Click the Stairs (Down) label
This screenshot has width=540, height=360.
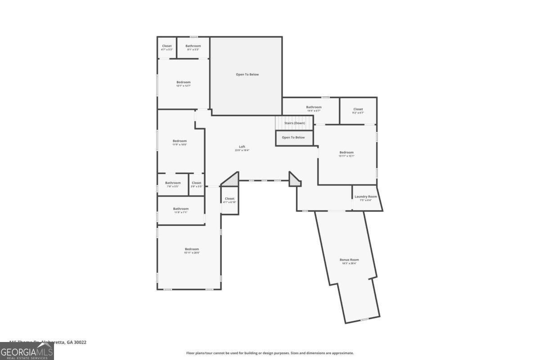coord(294,123)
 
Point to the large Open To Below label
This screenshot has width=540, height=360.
coord(247,74)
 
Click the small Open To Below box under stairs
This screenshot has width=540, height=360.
coord(293,137)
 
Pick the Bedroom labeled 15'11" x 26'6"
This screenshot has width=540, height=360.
coord(192,251)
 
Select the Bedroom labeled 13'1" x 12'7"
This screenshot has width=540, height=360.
coord(184,84)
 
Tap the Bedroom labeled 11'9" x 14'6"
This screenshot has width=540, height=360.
coord(180,142)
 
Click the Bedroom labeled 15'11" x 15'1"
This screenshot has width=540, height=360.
coord(346,154)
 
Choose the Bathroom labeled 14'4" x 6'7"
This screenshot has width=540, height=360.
coord(314,108)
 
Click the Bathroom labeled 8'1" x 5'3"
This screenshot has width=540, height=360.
coord(193,47)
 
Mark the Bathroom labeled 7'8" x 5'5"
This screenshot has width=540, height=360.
coord(172,184)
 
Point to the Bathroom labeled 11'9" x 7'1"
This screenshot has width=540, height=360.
coord(181,210)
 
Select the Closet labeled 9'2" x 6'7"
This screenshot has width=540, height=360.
coord(358,111)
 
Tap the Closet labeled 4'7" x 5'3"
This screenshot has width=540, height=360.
coord(167,47)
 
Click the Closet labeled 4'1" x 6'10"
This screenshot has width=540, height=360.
coord(229,200)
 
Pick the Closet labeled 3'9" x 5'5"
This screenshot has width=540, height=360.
coord(196,184)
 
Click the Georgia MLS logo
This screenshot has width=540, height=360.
coord(27,351)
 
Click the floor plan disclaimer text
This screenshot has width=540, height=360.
coord(270,353)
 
